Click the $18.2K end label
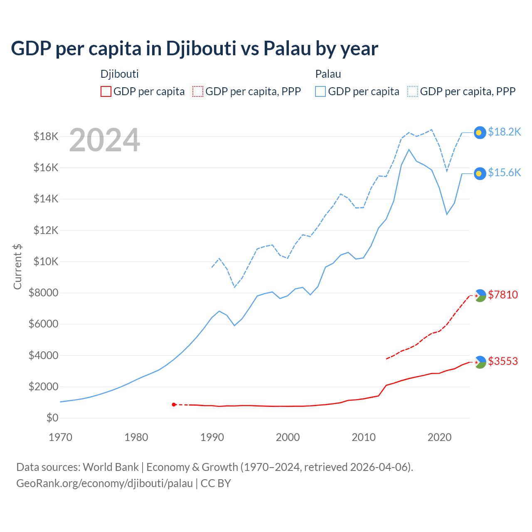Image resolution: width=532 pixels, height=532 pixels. (504, 132)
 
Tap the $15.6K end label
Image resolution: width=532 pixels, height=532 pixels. (504, 172)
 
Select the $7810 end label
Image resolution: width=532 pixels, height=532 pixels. (503, 295)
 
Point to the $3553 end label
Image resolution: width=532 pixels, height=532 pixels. (503, 361)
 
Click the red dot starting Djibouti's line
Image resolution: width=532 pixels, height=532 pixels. (174, 404)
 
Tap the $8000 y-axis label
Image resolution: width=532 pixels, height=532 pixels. (43, 293)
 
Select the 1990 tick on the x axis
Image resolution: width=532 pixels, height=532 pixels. (212, 437)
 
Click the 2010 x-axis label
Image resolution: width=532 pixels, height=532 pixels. (364, 437)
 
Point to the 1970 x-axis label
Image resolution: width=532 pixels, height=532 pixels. (60, 437)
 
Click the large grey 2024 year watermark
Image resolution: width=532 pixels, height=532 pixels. (104, 140)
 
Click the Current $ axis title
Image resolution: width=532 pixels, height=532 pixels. (17, 266)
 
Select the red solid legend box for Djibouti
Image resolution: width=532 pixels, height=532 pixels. (106, 91)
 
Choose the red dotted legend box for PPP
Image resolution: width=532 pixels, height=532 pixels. (198, 91)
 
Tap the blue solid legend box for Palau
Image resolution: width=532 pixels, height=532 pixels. (320, 91)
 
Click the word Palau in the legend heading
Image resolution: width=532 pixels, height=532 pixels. (328, 74)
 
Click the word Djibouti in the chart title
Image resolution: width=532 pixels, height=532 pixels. (201, 48)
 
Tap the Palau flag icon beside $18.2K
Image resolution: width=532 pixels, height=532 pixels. (480, 133)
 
